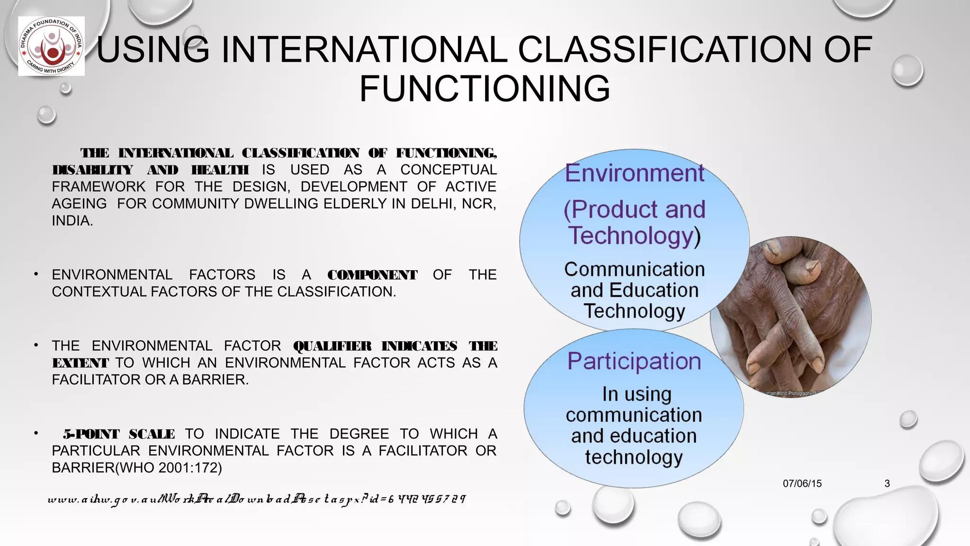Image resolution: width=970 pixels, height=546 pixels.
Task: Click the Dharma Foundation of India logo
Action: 51,46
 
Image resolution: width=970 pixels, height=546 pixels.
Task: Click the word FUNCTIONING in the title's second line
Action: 485,89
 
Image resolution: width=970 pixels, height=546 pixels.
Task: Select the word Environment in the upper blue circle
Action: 634,173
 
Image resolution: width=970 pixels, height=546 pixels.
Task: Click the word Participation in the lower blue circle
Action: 634,361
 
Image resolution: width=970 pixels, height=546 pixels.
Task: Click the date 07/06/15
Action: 802,483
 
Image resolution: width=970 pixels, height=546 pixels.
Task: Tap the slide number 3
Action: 887,483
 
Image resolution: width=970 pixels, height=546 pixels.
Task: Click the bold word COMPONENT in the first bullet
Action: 372,275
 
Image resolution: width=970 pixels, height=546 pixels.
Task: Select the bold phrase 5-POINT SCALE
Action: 119,434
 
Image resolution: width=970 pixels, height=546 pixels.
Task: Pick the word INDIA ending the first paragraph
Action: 72,221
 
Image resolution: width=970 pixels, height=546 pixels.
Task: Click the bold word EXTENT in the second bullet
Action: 80,363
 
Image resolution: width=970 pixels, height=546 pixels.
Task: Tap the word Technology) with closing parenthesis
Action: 634,236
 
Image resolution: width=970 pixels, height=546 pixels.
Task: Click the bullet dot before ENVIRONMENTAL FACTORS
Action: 36,274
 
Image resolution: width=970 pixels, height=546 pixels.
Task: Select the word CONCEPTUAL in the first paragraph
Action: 448,170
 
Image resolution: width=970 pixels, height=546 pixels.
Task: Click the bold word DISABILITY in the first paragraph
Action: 92,170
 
